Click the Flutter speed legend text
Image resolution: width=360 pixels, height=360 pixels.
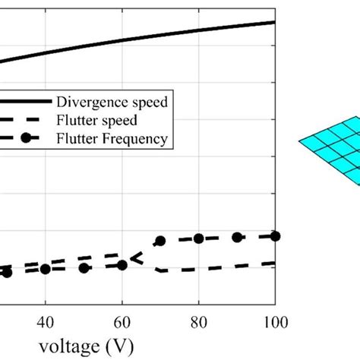(x=95, y=119)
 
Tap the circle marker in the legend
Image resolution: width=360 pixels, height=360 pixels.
(x=25, y=137)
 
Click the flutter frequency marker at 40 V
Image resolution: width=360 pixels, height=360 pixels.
(x=45, y=270)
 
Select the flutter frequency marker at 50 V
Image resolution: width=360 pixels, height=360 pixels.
(x=84, y=268)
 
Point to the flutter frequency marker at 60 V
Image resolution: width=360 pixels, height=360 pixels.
(x=122, y=265)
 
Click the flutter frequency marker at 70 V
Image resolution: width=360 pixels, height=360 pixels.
(x=160, y=241)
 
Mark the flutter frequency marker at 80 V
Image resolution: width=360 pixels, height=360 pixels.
(x=198, y=238)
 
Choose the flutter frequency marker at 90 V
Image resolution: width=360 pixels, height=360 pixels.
(x=237, y=238)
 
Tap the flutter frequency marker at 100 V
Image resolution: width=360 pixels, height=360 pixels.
(x=275, y=236)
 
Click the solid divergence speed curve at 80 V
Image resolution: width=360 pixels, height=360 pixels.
(x=198, y=30)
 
